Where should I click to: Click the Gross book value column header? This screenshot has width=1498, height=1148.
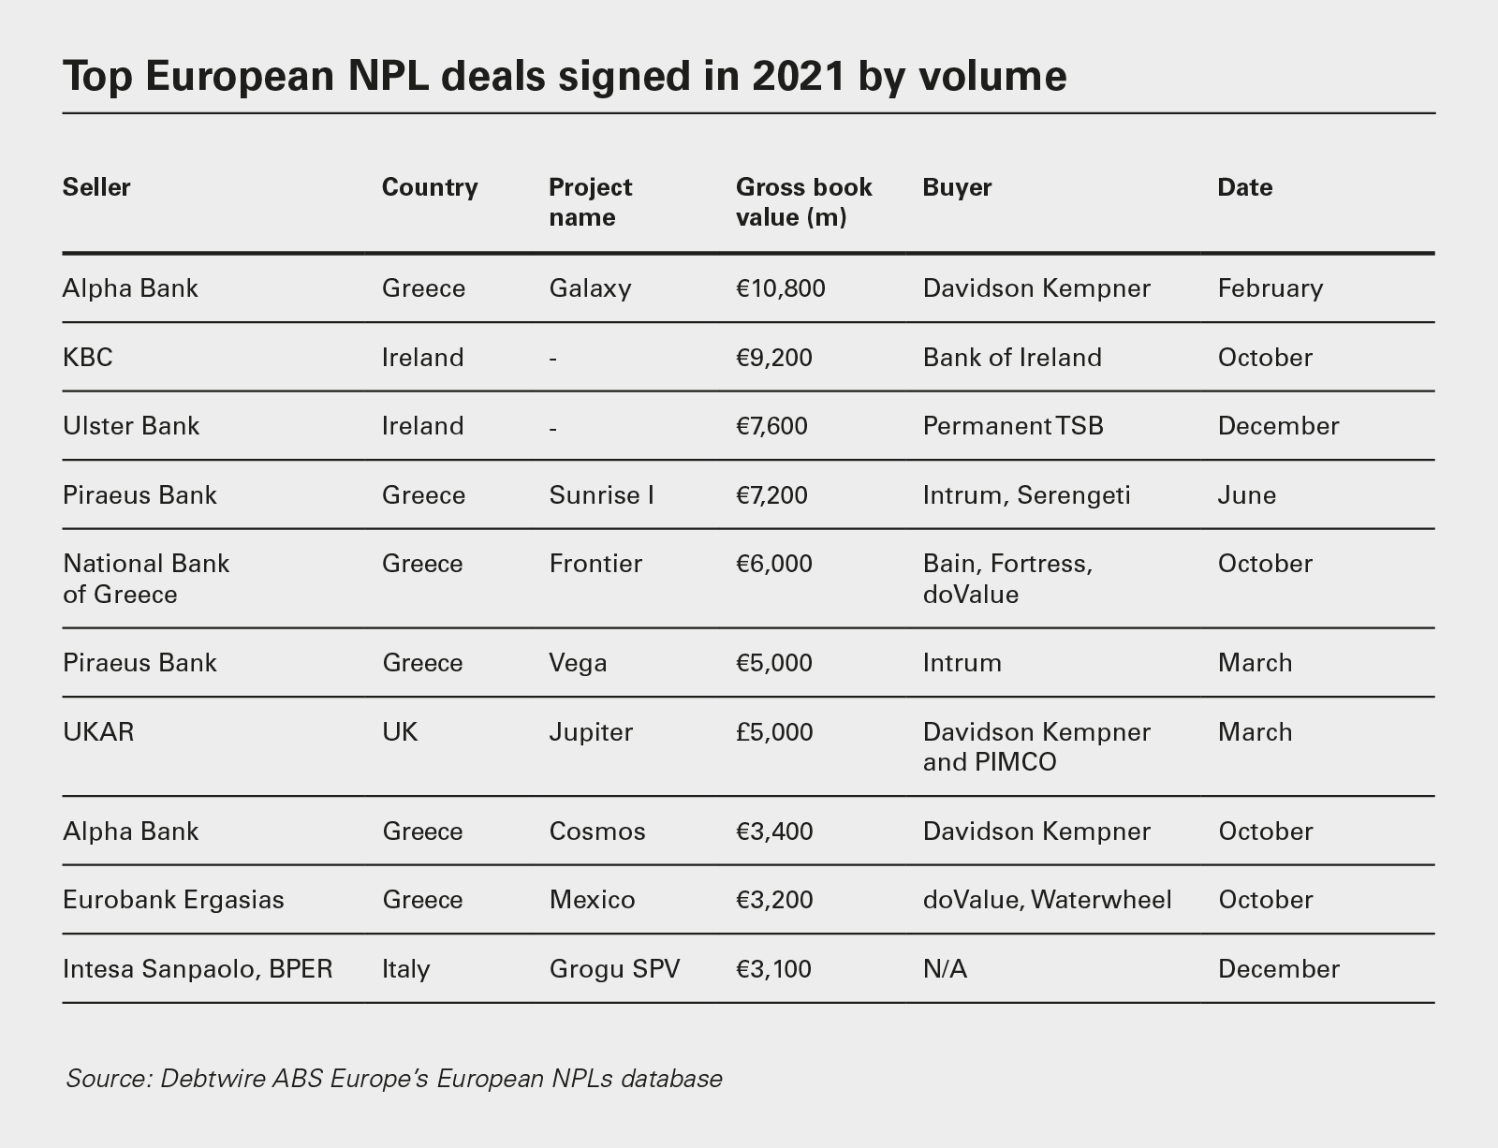[803, 202]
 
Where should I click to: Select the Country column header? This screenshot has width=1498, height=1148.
[430, 187]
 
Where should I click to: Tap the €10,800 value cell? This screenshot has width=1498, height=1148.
[781, 287]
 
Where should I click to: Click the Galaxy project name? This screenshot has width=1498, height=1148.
[590, 287]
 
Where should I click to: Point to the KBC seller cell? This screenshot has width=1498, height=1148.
[87, 357]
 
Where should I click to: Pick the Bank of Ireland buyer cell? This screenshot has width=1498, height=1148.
[1011, 357]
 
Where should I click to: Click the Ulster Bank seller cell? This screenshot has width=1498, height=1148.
[131, 426]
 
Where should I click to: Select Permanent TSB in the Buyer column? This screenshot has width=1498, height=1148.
[1013, 426]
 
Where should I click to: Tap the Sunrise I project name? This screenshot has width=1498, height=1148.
[601, 494]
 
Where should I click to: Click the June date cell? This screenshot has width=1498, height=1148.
[1246, 494]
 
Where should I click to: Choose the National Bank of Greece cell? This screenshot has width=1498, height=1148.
[145, 579]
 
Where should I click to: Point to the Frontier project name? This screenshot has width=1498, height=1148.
[595, 564]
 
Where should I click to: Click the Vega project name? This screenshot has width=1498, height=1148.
[578, 663]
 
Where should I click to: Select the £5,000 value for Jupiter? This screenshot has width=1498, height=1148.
[774, 731]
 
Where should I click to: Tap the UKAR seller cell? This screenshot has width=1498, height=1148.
[98, 731]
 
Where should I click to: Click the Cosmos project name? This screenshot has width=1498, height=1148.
[597, 832]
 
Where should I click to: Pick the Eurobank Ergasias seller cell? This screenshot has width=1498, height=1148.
[173, 900]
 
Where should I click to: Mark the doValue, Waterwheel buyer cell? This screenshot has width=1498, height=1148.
[1047, 900]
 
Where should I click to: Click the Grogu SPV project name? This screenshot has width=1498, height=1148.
[614, 968]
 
